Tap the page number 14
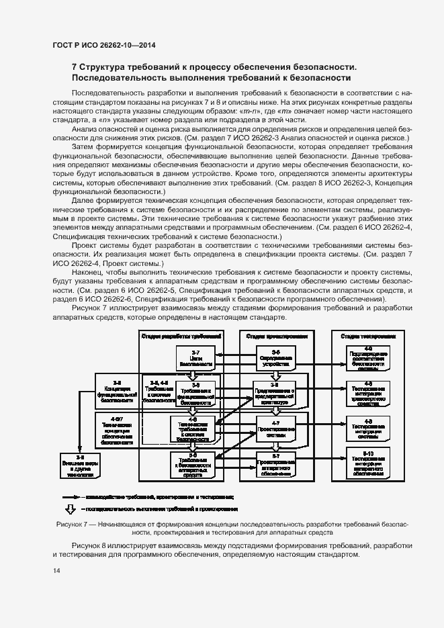[x=56, y=571]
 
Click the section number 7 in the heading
[x=75, y=67]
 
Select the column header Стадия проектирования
[x=276, y=337]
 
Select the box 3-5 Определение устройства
[x=275, y=359]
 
